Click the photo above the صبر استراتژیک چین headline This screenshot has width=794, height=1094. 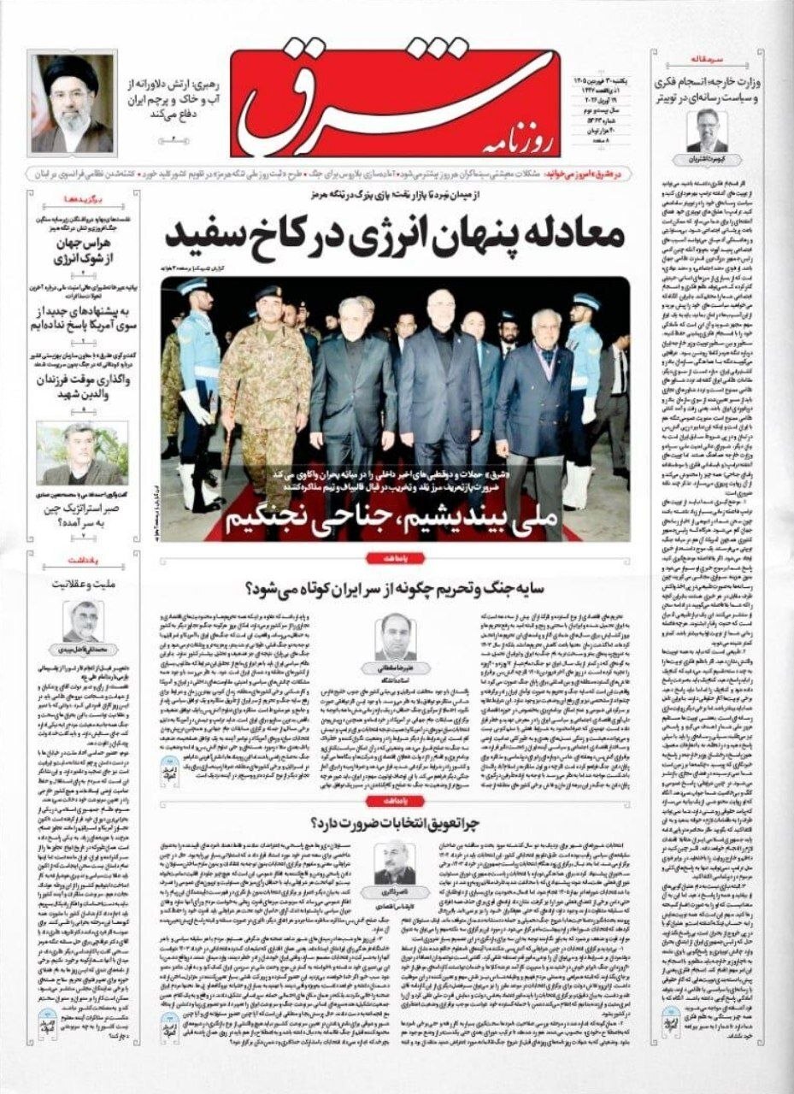point(82,452)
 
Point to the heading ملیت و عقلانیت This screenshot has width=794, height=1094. point(85,586)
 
